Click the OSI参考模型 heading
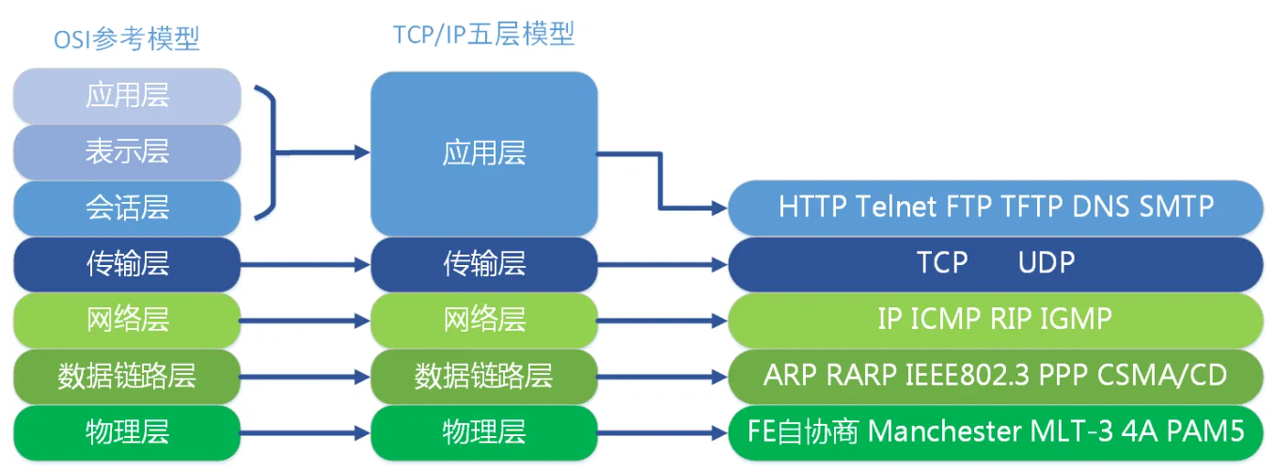point(128,39)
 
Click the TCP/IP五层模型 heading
point(483,35)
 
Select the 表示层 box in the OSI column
point(128,152)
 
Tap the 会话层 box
point(128,208)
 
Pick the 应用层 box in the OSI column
point(128,96)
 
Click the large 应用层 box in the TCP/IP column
point(484,153)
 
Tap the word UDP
point(1046,263)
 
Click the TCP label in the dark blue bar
point(942,263)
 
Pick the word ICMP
point(947,320)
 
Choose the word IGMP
point(1076,320)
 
